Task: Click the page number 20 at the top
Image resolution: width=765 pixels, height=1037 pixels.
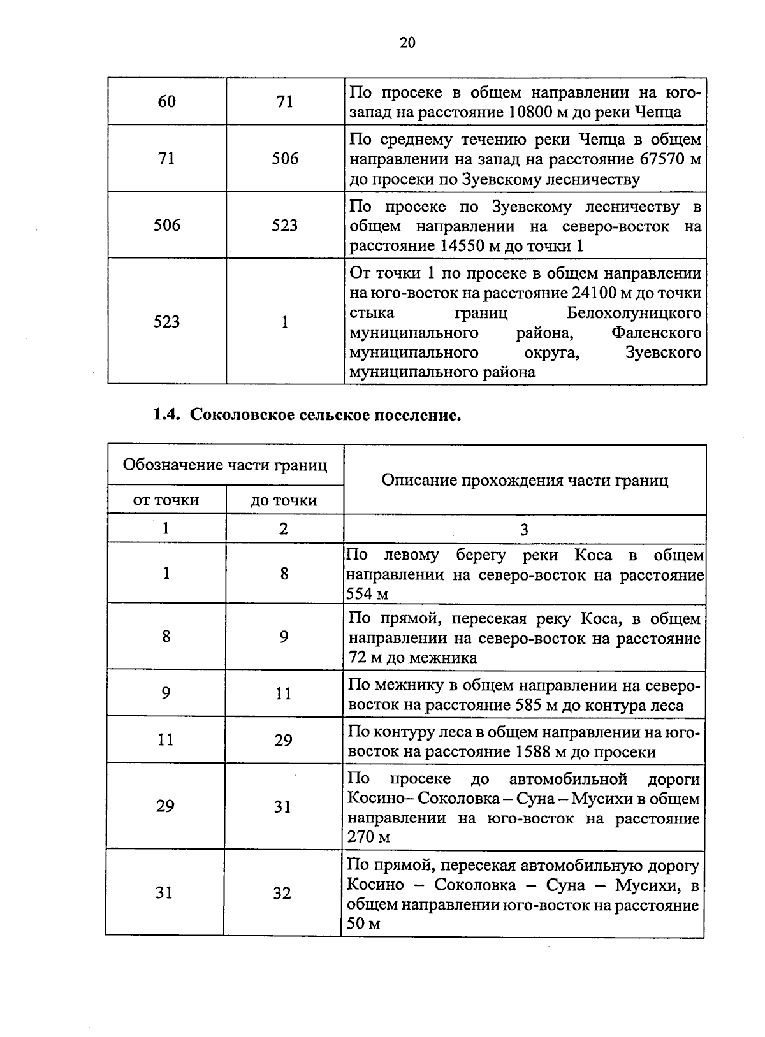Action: (x=407, y=43)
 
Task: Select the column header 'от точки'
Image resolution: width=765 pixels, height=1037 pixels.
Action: (x=166, y=500)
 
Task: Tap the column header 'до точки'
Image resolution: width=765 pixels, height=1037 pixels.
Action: (x=284, y=500)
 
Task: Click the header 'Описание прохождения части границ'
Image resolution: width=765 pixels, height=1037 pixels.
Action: (x=524, y=480)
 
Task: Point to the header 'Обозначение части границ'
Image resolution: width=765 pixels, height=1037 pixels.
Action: (x=224, y=465)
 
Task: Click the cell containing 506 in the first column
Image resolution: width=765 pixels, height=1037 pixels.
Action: (x=166, y=225)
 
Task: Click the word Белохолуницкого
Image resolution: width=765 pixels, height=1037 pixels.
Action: (x=634, y=313)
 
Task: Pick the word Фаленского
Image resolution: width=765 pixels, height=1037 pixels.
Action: (x=656, y=333)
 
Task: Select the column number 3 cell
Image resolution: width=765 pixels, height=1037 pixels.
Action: (x=524, y=530)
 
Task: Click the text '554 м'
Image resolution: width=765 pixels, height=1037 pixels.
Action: (x=367, y=594)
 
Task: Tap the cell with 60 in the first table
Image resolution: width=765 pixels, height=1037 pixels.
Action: (x=166, y=101)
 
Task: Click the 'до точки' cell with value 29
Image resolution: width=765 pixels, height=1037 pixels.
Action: (x=284, y=740)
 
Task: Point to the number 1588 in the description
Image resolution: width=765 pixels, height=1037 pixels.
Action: (x=531, y=752)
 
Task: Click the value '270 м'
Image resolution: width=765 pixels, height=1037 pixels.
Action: (x=368, y=837)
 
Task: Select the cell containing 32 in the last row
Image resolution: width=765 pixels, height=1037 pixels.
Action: (x=282, y=893)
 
